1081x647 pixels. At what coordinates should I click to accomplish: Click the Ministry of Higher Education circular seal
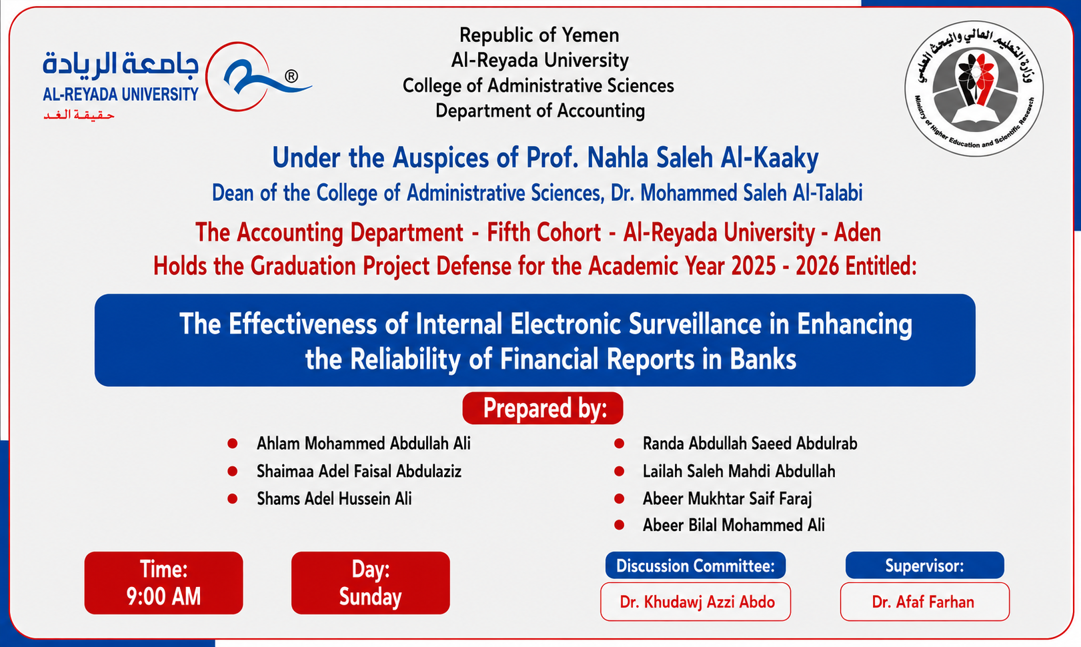(x=974, y=88)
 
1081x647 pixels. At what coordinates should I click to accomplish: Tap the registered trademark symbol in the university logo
(x=291, y=76)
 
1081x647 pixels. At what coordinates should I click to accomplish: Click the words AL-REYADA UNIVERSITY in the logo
(x=121, y=94)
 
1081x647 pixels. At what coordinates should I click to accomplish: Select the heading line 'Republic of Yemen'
(x=539, y=35)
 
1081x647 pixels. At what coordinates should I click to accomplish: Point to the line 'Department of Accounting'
(x=540, y=111)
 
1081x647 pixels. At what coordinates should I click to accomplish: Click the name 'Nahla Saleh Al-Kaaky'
(x=703, y=158)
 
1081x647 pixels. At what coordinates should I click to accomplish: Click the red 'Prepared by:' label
(x=543, y=408)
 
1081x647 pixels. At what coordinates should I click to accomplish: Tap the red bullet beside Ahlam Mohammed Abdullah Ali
(x=232, y=444)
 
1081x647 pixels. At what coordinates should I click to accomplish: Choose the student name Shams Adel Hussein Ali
(x=334, y=499)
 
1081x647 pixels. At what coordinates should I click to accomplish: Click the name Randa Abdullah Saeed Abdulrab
(x=750, y=444)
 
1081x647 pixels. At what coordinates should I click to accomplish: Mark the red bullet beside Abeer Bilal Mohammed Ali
(x=619, y=526)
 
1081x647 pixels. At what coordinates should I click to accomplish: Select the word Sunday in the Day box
(x=371, y=597)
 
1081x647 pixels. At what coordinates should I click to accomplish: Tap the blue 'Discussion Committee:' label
(x=696, y=566)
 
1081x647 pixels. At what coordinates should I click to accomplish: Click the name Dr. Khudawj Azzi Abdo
(x=698, y=602)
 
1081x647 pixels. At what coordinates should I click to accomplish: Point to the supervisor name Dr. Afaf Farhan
(x=923, y=602)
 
